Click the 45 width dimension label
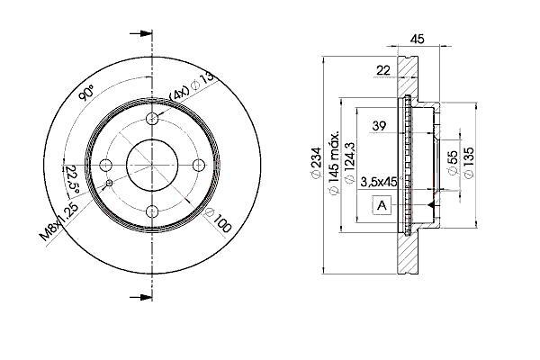click(x=417, y=39)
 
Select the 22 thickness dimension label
click(x=383, y=70)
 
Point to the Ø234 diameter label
click(x=316, y=164)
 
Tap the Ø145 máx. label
click(x=334, y=163)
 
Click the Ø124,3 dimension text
click(x=349, y=163)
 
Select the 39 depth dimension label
click(x=379, y=126)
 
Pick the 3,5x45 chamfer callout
click(x=379, y=182)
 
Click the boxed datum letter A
click(x=382, y=206)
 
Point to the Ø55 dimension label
click(x=454, y=163)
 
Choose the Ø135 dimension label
click(x=469, y=163)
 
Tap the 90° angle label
click(x=86, y=93)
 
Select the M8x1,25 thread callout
click(x=59, y=222)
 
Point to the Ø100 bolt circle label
click(x=218, y=220)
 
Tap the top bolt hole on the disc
click(x=152, y=119)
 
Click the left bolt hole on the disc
click(x=105, y=165)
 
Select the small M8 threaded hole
click(x=109, y=183)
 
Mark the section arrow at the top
click(x=141, y=34)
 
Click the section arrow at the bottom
click(x=141, y=297)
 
